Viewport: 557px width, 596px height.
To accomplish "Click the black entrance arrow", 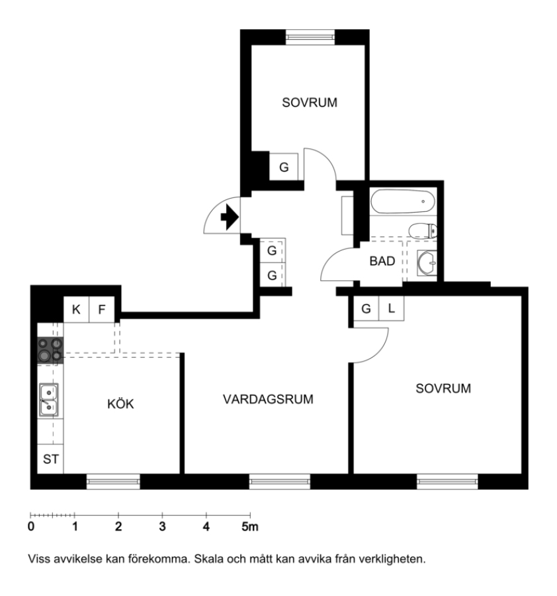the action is (x=230, y=217).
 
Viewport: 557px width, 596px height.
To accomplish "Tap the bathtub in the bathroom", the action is (x=402, y=201).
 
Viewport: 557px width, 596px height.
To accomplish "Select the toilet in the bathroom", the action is (x=423, y=230).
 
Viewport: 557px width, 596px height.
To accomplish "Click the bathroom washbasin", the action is (x=427, y=262).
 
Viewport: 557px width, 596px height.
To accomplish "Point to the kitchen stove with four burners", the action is (x=50, y=350).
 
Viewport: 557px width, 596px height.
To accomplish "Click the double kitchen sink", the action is (x=49, y=400).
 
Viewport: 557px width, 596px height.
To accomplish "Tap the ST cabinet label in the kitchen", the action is (x=50, y=459).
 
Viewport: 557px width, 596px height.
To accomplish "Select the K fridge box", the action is (x=76, y=309).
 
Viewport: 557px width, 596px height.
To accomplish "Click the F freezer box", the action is (x=102, y=309).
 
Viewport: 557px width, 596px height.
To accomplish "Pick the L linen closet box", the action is (x=392, y=308).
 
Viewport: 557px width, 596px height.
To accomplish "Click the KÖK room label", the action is (x=120, y=404).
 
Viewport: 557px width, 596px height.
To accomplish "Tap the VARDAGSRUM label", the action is (x=268, y=399).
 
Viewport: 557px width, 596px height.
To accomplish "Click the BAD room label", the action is (x=382, y=261).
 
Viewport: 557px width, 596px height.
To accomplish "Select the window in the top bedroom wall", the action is (x=310, y=37).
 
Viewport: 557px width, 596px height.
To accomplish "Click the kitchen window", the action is (x=113, y=481).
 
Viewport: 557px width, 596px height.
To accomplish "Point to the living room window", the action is (x=280, y=481).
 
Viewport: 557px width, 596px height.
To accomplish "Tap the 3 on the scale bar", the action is (x=163, y=526).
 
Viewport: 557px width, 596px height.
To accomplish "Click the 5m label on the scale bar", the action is (x=250, y=526).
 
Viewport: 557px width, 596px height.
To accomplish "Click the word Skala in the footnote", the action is (x=209, y=559).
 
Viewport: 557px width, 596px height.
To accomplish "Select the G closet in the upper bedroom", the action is (x=284, y=167).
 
